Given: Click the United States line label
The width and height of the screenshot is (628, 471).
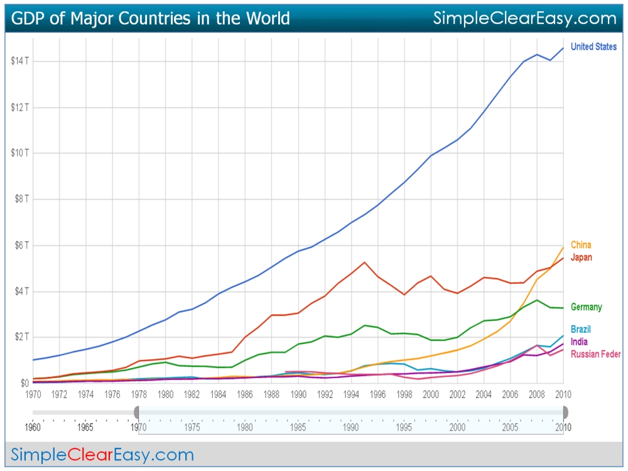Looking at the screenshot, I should pos(593,47).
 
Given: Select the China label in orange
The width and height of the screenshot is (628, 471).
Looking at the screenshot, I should pos(581,245).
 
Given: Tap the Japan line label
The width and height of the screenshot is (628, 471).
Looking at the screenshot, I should pos(582,257).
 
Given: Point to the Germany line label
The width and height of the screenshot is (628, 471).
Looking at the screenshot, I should pos(587,307).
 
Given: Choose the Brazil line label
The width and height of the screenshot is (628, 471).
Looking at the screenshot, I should pos(581,330).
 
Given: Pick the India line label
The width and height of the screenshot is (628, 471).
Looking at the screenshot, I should pos(580,342).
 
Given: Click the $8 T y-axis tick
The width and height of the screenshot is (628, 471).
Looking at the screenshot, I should pos(21,199).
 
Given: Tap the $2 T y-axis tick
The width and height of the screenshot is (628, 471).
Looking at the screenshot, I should pos(21,337).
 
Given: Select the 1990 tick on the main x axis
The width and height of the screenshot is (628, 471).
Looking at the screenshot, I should pos(298,394).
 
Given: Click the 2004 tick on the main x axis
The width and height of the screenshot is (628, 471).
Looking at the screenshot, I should pos(484,394).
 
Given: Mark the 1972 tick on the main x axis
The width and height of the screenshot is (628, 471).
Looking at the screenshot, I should pos(59,394).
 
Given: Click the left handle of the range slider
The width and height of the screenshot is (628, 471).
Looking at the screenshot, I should pos(136,412).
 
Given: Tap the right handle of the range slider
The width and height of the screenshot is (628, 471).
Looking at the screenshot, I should pos(565,412).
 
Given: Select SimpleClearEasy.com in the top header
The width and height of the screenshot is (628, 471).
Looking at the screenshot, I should pos(525,18).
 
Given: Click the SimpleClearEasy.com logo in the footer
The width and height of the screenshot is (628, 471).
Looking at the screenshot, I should pos(102,454).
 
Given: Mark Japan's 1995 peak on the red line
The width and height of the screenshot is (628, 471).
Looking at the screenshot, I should pos(364,262).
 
